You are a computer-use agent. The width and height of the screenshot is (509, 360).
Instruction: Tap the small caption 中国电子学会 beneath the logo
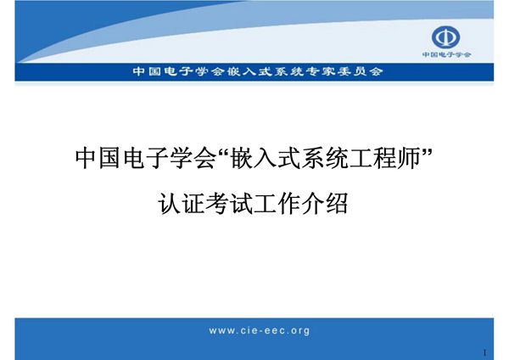click(x=446, y=55)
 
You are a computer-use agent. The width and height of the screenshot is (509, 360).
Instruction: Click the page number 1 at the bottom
click(x=484, y=352)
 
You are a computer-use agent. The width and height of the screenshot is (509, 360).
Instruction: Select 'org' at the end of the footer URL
click(x=299, y=331)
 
